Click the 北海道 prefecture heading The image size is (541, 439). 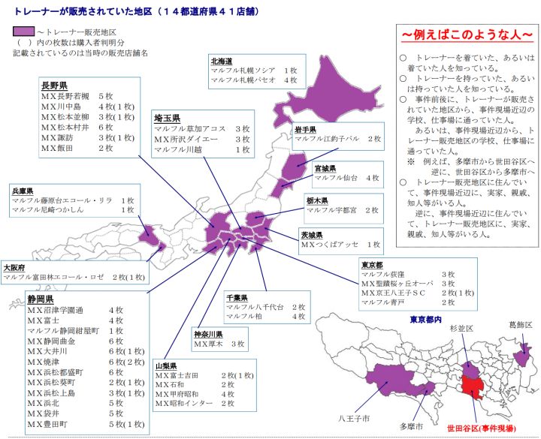[x=222, y=60]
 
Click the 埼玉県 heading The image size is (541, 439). [x=166, y=119]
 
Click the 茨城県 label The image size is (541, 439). [x=313, y=234]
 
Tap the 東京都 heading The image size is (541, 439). [x=373, y=266]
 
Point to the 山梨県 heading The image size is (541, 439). [x=167, y=365]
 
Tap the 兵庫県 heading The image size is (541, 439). [x=22, y=191]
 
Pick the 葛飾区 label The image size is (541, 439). [x=518, y=325]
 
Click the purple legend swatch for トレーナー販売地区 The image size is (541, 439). [x=23, y=32]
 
